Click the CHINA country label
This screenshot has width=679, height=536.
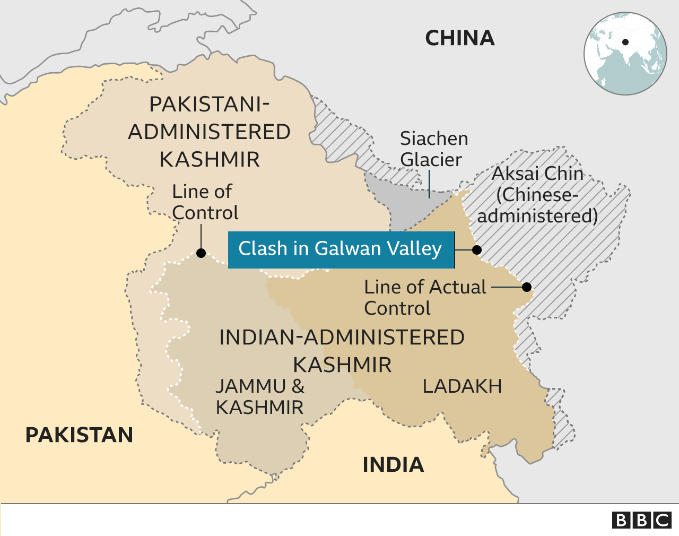click(x=459, y=38)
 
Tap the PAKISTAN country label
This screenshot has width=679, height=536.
click(x=79, y=435)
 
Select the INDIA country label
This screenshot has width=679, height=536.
click(x=393, y=465)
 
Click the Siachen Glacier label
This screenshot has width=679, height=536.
click(x=433, y=149)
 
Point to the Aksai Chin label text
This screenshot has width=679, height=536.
click(x=537, y=195)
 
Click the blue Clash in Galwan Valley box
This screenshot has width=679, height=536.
click(x=341, y=249)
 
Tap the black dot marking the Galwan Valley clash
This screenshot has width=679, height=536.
click(x=477, y=249)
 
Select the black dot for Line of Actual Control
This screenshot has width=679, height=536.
click(x=527, y=287)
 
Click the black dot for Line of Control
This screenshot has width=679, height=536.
click(x=201, y=253)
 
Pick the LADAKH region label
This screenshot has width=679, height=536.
click(x=462, y=386)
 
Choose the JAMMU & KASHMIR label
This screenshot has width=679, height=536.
click(x=260, y=397)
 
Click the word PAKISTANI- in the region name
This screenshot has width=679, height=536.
click(x=210, y=105)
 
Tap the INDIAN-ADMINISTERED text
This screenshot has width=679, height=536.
click(x=342, y=338)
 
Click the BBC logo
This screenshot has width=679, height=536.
click(x=642, y=520)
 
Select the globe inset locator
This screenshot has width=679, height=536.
click(x=625, y=54)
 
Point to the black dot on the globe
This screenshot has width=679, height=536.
click(x=625, y=42)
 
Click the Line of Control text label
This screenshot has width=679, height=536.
click(x=205, y=202)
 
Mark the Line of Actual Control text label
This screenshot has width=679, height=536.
click(x=424, y=298)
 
